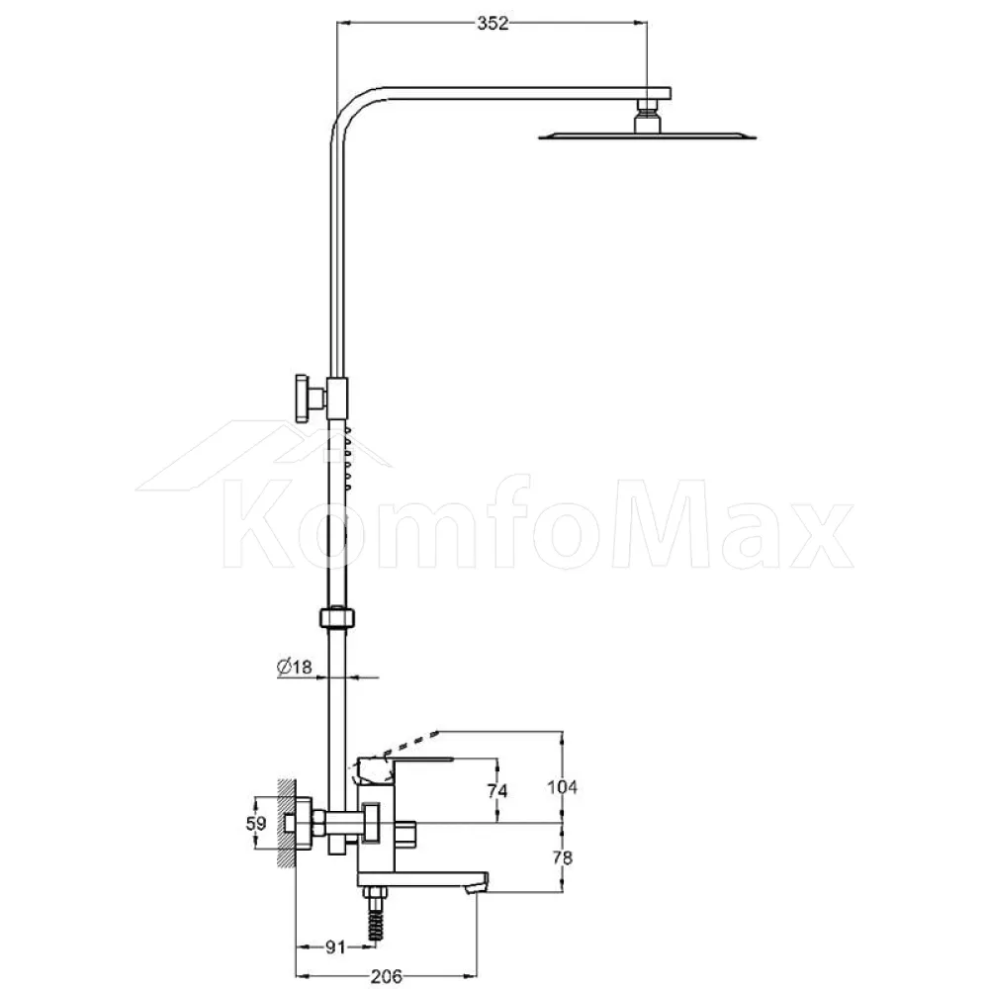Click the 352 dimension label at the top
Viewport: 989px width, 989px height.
(492, 24)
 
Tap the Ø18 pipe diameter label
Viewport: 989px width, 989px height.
(295, 666)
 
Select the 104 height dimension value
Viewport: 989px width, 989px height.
(562, 787)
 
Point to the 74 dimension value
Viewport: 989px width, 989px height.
(497, 790)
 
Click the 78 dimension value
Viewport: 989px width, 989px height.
(562, 857)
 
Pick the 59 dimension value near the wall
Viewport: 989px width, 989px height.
(255, 823)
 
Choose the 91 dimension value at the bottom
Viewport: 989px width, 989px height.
(335, 946)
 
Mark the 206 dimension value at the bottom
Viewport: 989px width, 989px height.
(386, 976)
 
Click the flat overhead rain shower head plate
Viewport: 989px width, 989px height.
(647, 135)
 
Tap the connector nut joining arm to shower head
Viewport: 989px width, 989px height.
(647, 115)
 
